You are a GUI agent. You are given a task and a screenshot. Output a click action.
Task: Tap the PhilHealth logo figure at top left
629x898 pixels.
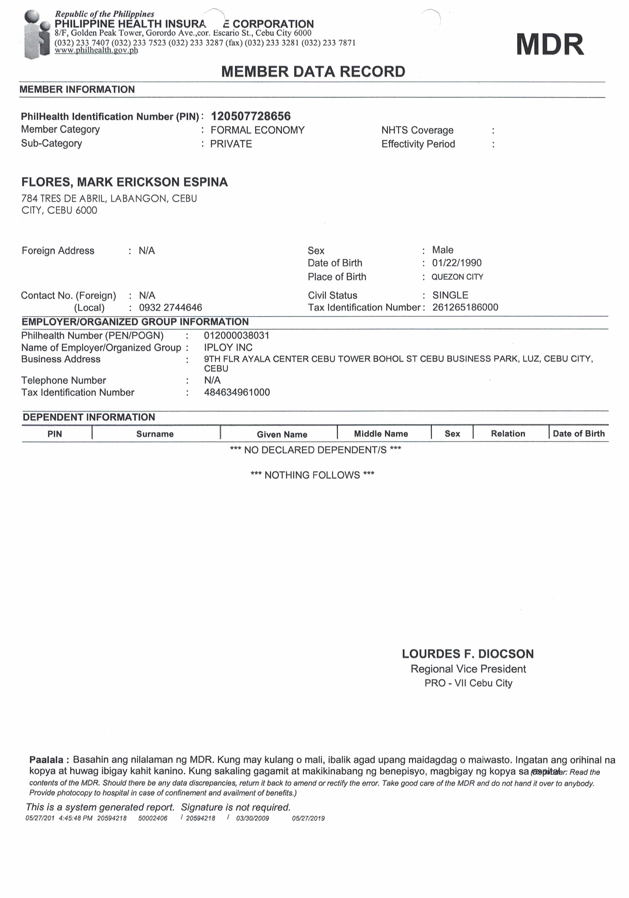(37, 34)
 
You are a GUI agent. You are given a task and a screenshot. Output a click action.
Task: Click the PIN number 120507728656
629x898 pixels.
(251, 116)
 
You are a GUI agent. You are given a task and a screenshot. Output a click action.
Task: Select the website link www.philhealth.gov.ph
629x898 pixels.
(96, 50)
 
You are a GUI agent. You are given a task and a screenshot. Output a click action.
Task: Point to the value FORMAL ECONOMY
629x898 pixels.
(257, 130)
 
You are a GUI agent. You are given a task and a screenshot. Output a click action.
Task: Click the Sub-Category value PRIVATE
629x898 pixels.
(231, 144)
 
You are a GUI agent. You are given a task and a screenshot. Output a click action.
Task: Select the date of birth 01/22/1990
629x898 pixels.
(457, 263)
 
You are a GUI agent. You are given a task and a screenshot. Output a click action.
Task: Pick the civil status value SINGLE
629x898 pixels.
(450, 295)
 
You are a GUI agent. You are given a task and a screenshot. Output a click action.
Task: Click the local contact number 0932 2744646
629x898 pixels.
(171, 308)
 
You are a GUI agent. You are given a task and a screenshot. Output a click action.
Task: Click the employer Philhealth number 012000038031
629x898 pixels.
(237, 335)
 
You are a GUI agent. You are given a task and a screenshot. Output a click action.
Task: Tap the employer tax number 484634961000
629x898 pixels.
(237, 392)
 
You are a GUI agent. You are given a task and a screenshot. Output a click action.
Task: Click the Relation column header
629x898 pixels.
(508, 433)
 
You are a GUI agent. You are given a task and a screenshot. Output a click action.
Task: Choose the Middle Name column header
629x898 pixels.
(381, 433)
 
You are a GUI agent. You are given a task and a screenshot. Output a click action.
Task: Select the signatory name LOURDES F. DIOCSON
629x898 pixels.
(468, 654)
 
